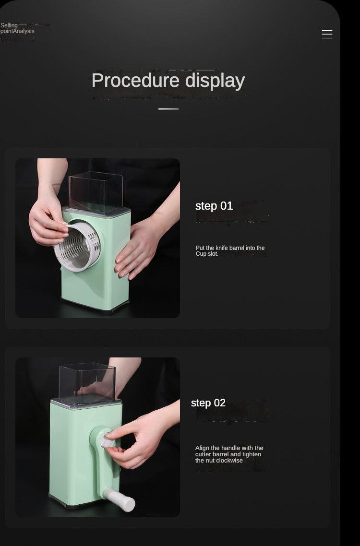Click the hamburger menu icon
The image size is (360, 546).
pos(327,34)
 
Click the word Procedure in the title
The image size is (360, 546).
pos(135,81)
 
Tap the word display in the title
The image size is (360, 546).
pos(215,81)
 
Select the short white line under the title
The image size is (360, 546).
pos(168,109)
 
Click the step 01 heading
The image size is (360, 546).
pos(214,206)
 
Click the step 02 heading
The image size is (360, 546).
pos(208,403)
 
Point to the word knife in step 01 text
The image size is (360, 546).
pos(222,248)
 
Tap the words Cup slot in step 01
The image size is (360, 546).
pos(207,254)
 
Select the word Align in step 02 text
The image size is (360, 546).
pos(202,448)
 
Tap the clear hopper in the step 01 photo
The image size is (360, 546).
pos(96,192)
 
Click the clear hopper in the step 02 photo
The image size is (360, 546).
pos(87,383)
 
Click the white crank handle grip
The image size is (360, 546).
pos(120,499)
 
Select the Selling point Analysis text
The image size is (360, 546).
pos(17,28)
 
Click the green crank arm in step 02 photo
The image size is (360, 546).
pos(101,463)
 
